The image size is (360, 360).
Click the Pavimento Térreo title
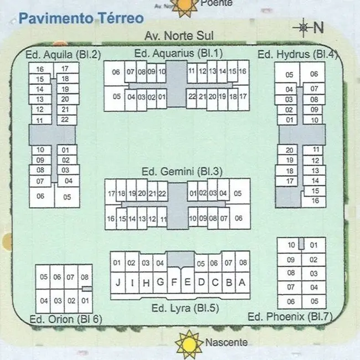point(81,18)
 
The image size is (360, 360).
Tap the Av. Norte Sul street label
point(179,36)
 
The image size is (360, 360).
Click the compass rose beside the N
point(304,28)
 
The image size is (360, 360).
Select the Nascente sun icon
point(189,344)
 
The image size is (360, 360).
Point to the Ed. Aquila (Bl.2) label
point(63,55)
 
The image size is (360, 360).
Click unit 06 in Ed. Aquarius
point(116,72)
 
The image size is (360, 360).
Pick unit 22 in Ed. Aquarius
point(192,96)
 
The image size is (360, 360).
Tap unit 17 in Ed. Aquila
point(66,68)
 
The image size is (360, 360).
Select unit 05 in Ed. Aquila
point(67,197)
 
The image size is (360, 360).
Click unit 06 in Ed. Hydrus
point(313,74)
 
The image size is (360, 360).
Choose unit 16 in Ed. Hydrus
point(315,200)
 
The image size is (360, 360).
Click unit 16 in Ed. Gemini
point(111,219)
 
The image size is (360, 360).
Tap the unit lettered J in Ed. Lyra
point(118,282)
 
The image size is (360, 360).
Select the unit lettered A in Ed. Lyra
point(242,282)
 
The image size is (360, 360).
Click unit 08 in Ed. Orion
point(85,277)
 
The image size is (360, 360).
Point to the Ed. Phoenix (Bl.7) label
point(290,317)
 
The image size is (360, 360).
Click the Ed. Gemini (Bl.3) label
point(182,172)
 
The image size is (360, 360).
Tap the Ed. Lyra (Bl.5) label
point(186,308)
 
